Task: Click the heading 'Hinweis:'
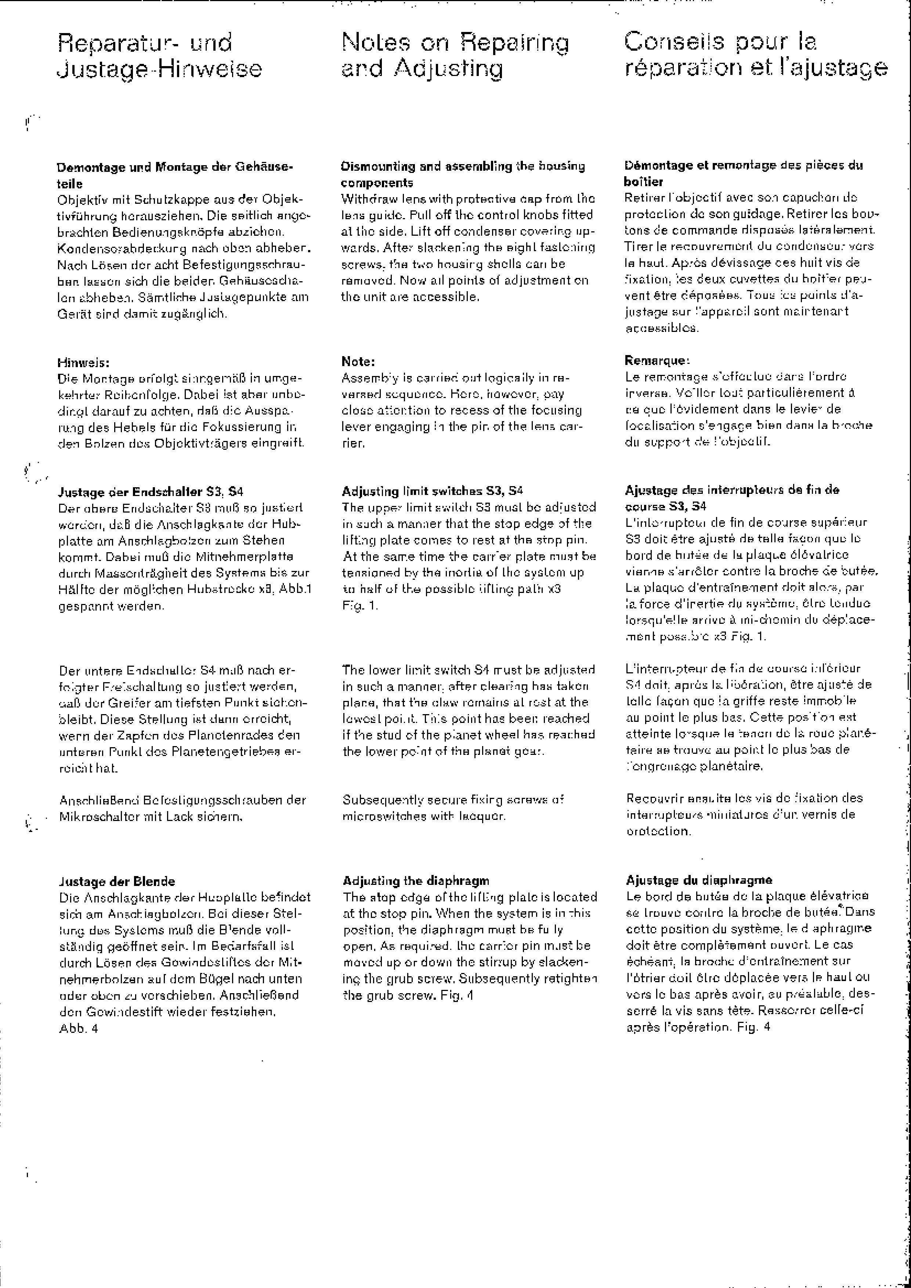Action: [x=84, y=362]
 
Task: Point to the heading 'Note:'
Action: [x=358, y=361]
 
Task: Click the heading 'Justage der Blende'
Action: [x=117, y=881]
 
